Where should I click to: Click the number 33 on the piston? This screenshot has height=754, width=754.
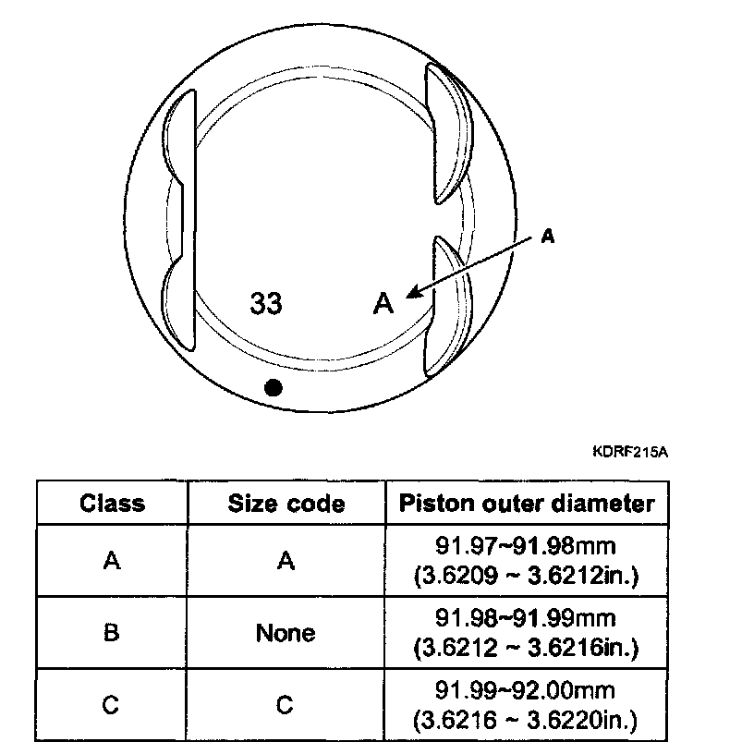pyautogui.click(x=266, y=304)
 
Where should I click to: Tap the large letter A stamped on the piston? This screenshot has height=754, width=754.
pyautogui.click(x=383, y=303)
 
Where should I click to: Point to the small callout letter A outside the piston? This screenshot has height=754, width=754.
pyautogui.click(x=547, y=237)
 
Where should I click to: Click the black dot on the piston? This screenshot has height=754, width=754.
pyautogui.click(x=272, y=388)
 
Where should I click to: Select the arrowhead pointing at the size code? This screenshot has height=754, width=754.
pyautogui.click(x=412, y=291)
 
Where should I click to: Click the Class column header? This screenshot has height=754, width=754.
pyautogui.click(x=112, y=504)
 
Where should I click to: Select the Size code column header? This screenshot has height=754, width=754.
pyautogui.click(x=286, y=504)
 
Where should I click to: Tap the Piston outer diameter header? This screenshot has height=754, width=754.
pyautogui.click(x=527, y=504)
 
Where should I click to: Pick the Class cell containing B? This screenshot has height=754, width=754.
pyautogui.click(x=112, y=633)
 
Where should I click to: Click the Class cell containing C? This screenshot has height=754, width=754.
pyautogui.click(x=112, y=705)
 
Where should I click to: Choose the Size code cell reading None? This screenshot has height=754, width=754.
pyautogui.click(x=286, y=633)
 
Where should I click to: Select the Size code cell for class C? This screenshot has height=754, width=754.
pyautogui.click(x=286, y=705)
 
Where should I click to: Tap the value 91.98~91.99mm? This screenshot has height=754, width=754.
pyautogui.click(x=526, y=619)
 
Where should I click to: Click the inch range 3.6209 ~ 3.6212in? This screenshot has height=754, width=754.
pyautogui.click(x=526, y=576)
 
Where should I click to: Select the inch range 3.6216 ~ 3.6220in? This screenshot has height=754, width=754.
pyautogui.click(x=526, y=720)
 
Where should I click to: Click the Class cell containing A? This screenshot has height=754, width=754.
pyautogui.click(x=112, y=561)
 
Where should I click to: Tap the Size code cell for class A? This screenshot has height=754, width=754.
pyautogui.click(x=286, y=561)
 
